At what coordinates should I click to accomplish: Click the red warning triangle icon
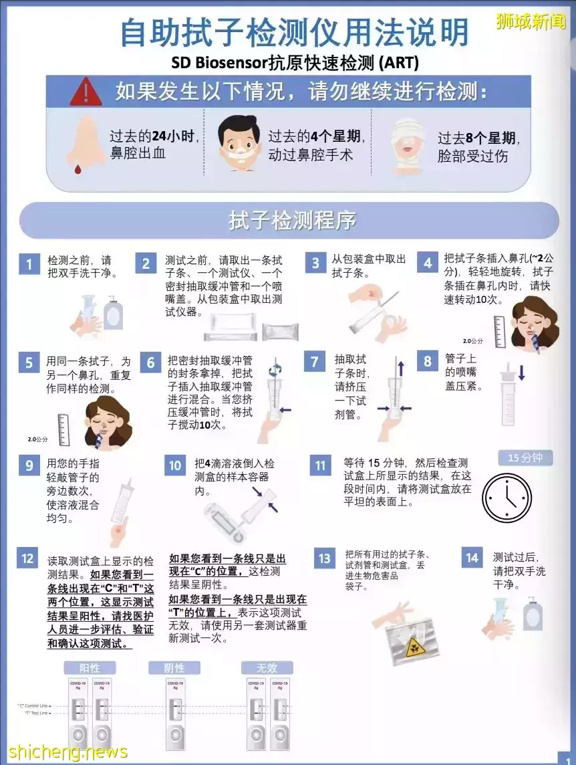(85, 91)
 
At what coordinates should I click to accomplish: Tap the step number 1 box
(28, 263)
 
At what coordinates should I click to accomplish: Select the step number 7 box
(315, 362)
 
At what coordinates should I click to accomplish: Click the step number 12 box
(27, 558)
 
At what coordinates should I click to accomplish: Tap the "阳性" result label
(90, 668)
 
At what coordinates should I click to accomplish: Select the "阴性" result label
(174, 668)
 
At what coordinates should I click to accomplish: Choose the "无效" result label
(267, 668)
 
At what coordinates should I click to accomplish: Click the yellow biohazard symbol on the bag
(413, 646)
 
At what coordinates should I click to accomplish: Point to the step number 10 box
(174, 465)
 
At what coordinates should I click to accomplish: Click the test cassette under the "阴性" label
(175, 712)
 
